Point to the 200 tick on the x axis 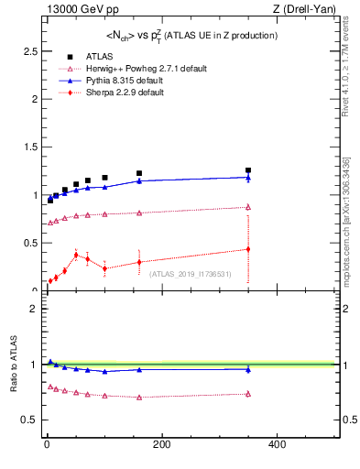pos(161,445)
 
